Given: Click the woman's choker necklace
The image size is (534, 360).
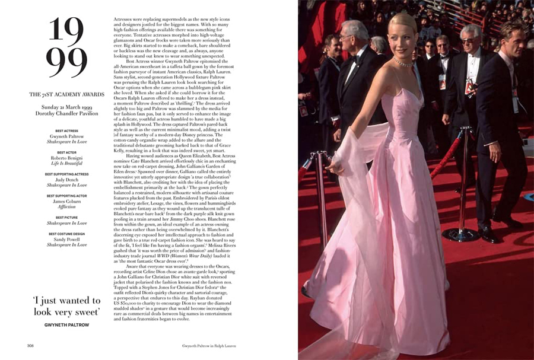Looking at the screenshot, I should tap(403, 62).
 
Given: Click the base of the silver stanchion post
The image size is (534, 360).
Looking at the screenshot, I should tap(460, 235).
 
